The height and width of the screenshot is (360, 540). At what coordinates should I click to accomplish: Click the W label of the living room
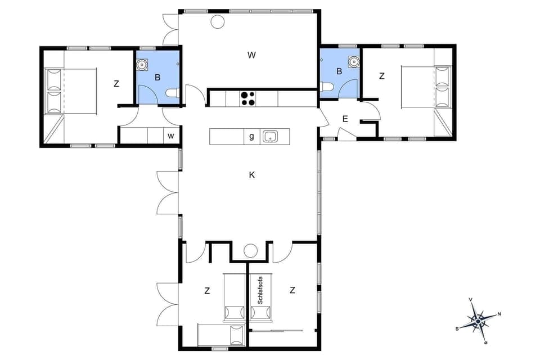click(251, 55)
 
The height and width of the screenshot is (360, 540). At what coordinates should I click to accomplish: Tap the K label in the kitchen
click(252, 175)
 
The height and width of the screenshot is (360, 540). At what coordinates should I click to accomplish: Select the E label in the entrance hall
click(345, 119)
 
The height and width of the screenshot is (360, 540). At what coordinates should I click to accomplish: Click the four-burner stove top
click(247, 98)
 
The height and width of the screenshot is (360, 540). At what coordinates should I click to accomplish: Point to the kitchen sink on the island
click(270, 136)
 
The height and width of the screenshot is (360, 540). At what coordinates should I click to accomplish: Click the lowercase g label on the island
click(251, 136)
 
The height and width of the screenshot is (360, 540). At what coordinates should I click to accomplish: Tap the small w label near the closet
click(170, 136)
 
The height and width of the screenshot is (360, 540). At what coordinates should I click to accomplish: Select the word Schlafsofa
click(260, 290)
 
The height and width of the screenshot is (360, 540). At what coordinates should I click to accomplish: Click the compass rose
click(478, 321)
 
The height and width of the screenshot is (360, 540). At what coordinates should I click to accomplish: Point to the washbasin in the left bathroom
click(142, 64)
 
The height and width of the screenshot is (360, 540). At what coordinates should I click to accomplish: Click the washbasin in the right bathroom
click(353, 61)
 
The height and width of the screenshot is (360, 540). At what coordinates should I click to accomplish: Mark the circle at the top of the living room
click(217, 22)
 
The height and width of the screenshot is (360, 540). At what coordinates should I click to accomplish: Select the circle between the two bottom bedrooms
click(250, 251)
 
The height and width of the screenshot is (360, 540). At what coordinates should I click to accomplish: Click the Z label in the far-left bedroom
click(116, 84)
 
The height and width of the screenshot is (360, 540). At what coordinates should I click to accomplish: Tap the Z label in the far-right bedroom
click(381, 76)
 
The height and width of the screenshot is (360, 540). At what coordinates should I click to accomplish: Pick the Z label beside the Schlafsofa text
click(292, 290)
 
